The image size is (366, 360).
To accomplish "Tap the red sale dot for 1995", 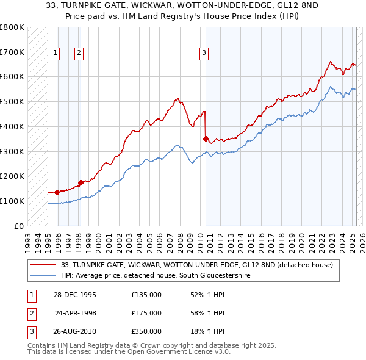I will [x=57, y=192].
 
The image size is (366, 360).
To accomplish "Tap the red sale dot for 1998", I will [x=81, y=182].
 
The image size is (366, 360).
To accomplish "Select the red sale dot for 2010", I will [x=206, y=139].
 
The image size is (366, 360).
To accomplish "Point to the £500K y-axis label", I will [x=12, y=101].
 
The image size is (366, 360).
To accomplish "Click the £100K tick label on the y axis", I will [x=12, y=201].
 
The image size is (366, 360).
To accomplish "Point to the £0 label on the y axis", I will [x=19, y=226].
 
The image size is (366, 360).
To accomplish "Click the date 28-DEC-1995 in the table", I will [x=75, y=295].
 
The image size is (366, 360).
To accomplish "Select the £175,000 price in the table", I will [x=146, y=313].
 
